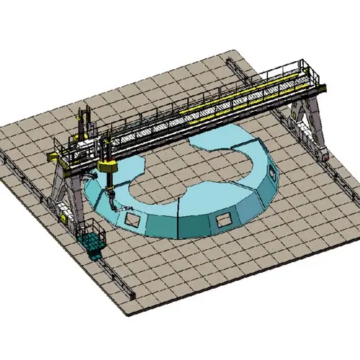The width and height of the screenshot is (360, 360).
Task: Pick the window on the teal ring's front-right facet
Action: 225,217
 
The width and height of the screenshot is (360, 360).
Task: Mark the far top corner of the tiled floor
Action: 229,51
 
